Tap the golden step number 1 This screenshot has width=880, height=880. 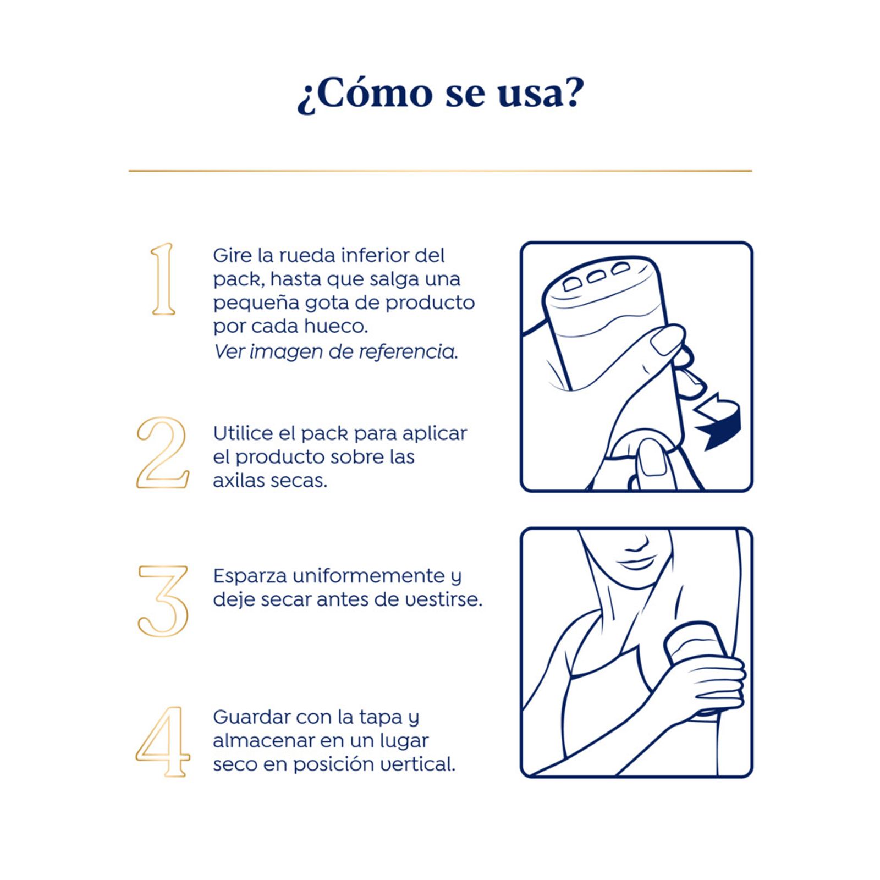[163, 279]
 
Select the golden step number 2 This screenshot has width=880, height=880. [163, 452]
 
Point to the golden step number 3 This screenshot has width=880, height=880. [163, 601]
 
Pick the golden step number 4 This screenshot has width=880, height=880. [163, 742]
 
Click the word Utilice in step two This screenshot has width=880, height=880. [243, 433]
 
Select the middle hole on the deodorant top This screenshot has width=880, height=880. [597, 276]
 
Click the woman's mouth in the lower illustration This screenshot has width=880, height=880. [636, 563]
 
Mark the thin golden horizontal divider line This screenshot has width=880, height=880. [440, 171]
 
